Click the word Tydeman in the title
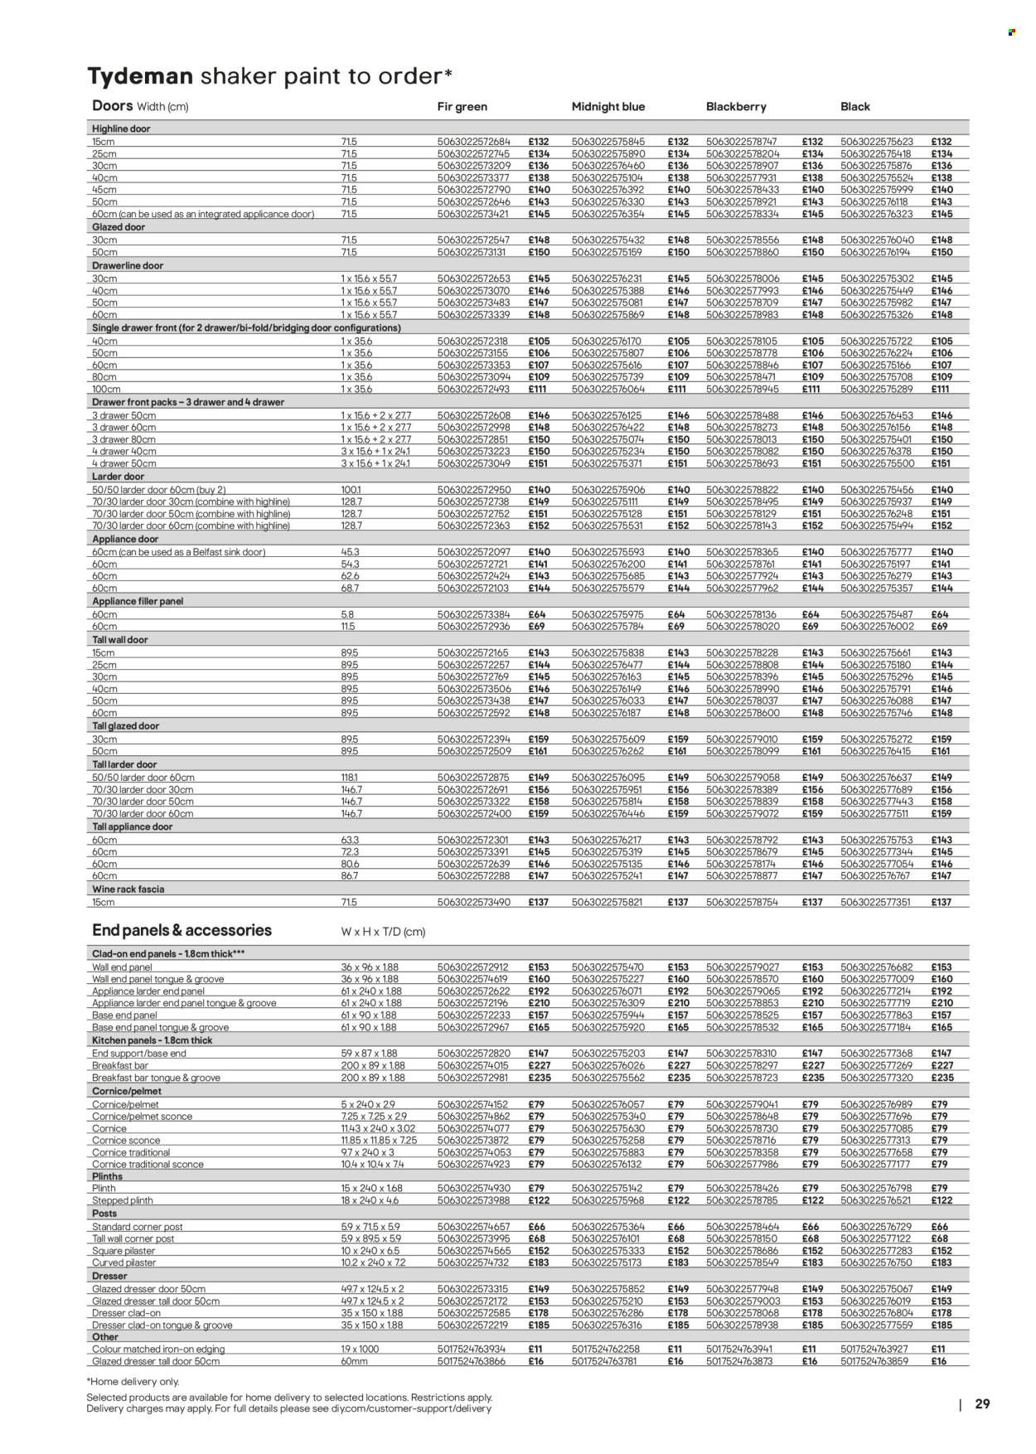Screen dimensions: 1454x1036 [x=140, y=76]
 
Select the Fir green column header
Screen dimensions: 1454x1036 [x=462, y=107]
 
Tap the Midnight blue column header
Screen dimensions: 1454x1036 [x=608, y=107]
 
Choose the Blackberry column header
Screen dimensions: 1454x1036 [x=736, y=107]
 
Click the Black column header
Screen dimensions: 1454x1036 [x=854, y=107]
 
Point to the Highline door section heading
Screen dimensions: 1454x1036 [x=121, y=129]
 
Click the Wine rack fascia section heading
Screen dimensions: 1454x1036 [x=128, y=889]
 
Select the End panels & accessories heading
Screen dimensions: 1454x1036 [x=182, y=930]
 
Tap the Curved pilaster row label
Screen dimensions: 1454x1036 [x=124, y=1263]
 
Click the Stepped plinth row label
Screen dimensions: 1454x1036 [x=123, y=1200]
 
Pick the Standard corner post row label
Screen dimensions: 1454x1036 [x=138, y=1226]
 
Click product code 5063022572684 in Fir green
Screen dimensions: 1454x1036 [x=474, y=142]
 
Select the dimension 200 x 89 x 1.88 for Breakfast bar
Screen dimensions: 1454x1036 [x=373, y=1065]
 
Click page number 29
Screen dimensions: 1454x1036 [x=982, y=1403]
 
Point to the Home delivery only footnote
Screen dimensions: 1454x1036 [x=133, y=1381]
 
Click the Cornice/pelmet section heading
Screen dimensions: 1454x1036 [x=127, y=1091]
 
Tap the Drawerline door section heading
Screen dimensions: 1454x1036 [x=128, y=266]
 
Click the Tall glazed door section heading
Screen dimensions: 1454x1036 [x=125, y=726]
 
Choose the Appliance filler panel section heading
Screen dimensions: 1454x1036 [x=138, y=601]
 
